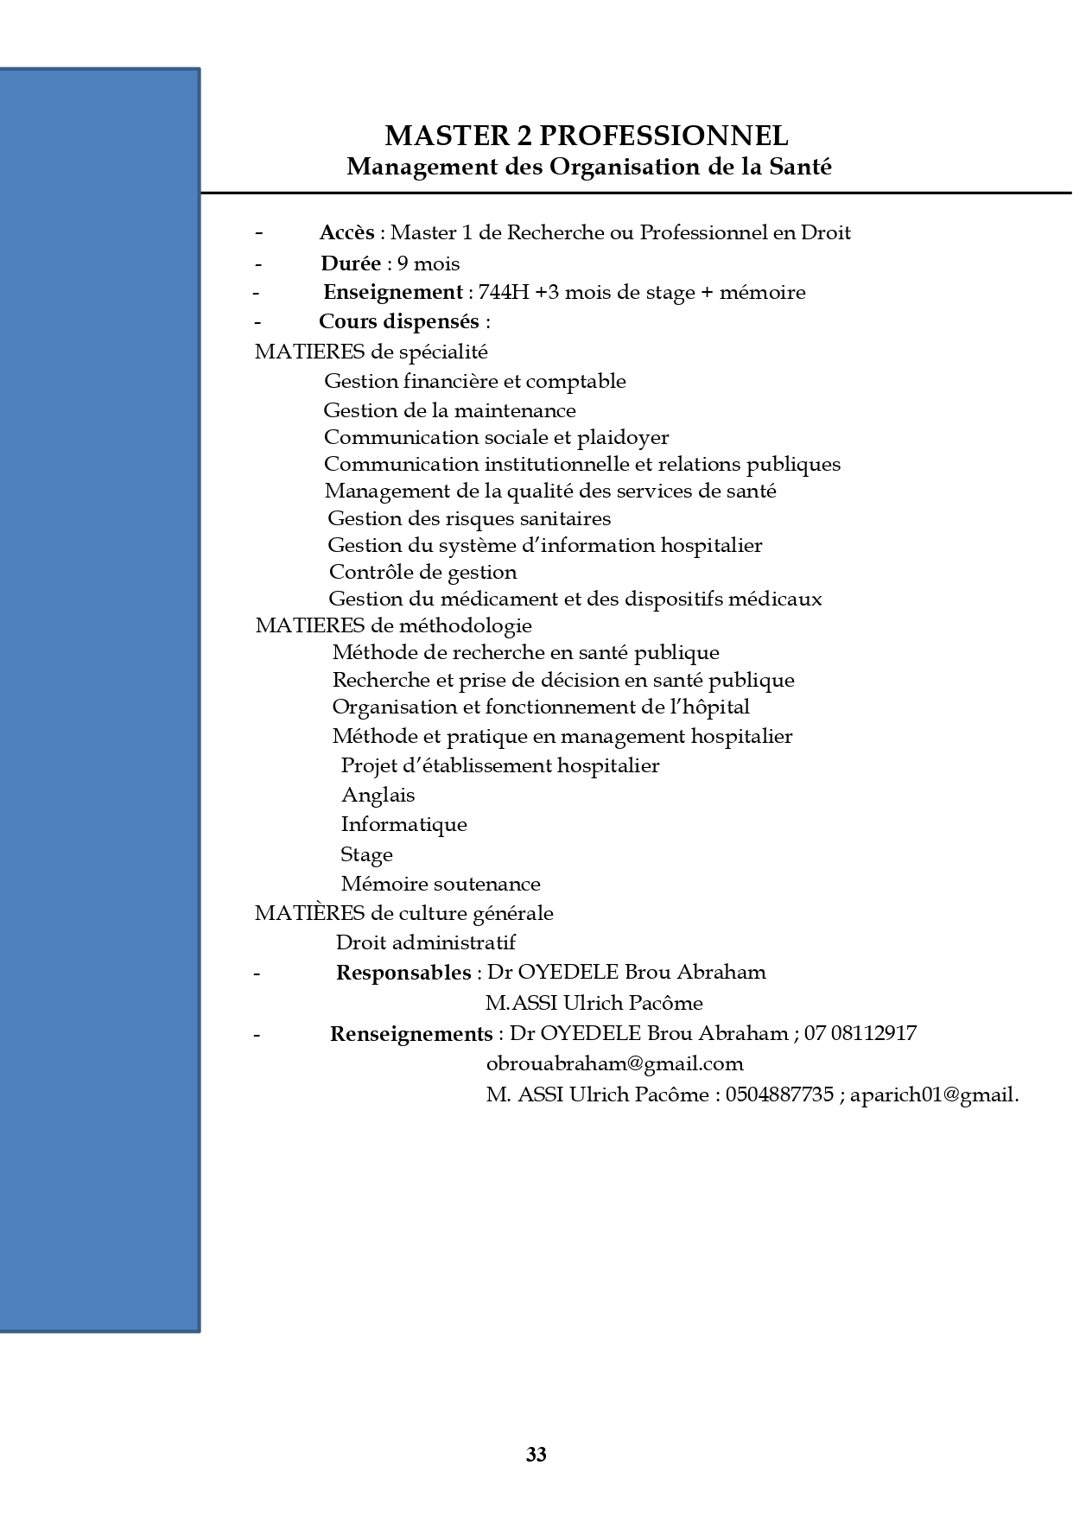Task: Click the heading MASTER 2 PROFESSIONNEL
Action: tap(586, 136)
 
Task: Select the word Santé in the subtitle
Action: tap(800, 167)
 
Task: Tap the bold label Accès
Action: tap(346, 233)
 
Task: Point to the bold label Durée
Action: tap(351, 263)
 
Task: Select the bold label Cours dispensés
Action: tap(398, 321)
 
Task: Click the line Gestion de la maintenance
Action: tap(449, 410)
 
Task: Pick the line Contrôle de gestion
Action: tap(422, 572)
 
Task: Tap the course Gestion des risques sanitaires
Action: tap(469, 518)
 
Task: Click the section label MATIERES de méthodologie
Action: tap(393, 625)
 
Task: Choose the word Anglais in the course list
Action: tap(378, 795)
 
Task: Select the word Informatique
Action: tap(403, 824)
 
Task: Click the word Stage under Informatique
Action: tap(366, 854)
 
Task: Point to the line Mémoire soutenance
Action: tap(441, 884)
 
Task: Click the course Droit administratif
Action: tap(425, 942)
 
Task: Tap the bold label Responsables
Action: tap(403, 973)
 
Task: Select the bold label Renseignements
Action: tap(410, 1034)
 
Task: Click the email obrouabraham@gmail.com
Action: tap(614, 1063)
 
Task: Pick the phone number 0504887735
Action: tap(779, 1094)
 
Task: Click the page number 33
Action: tap(536, 1455)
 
